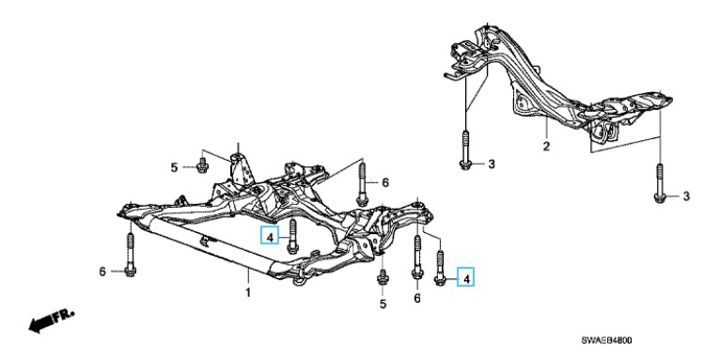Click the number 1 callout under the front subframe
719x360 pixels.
(248, 292)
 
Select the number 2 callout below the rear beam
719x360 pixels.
(546, 147)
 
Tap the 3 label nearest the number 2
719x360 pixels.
(492, 164)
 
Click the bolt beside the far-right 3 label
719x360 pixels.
(659, 183)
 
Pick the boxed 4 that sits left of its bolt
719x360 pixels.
(270, 237)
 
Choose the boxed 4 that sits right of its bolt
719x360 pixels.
(466, 278)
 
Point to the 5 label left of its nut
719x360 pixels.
(174, 168)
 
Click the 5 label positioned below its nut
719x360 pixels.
(383, 304)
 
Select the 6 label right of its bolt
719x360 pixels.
(385, 183)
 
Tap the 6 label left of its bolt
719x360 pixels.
(102, 272)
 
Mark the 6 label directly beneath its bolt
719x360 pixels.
(417, 299)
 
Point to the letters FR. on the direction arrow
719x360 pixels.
(63, 316)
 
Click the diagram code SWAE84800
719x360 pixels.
(606, 340)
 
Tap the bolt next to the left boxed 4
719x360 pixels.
(292, 236)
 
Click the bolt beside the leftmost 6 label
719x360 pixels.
(130, 255)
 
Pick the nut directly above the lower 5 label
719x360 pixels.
(381, 278)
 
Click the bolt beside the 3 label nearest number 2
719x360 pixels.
(464, 150)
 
